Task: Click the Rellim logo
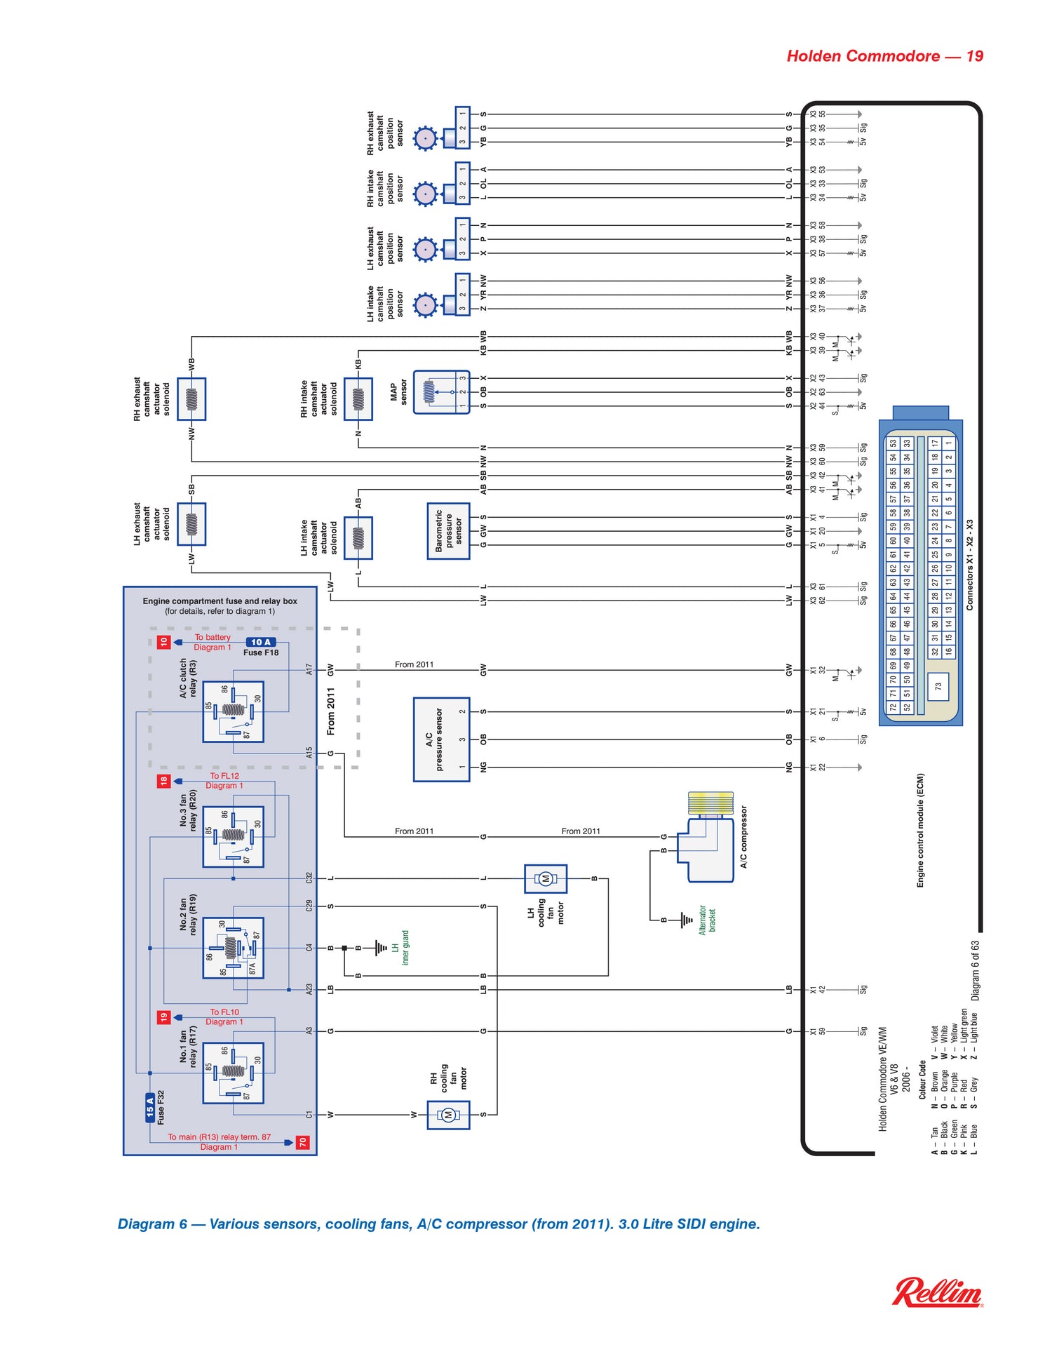(x=937, y=1293)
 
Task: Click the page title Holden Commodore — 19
(x=884, y=56)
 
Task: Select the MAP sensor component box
(x=441, y=392)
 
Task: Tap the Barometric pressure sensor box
(x=448, y=531)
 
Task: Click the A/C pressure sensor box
(x=441, y=739)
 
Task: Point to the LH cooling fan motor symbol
(x=546, y=878)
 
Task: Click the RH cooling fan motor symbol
(x=448, y=1115)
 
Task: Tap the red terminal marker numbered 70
(x=302, y=1142)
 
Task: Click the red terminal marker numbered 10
(x=163, y=642)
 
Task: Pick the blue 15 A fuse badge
(x=149, y=1108)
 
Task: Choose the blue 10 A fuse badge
(x=261, y=642)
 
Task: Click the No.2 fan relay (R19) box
(x=233, y=948)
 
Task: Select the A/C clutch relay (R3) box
(x=233, y=712)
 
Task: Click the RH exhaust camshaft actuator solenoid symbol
(x=191, y=399)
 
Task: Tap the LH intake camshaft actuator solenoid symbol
(x=358, y=538)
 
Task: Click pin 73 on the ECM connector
(x=938, y=687)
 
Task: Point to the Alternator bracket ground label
(x=707, y=920)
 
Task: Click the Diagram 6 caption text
(x=439, y=1224)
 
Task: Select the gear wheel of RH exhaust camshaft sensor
(x=425, y=138)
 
